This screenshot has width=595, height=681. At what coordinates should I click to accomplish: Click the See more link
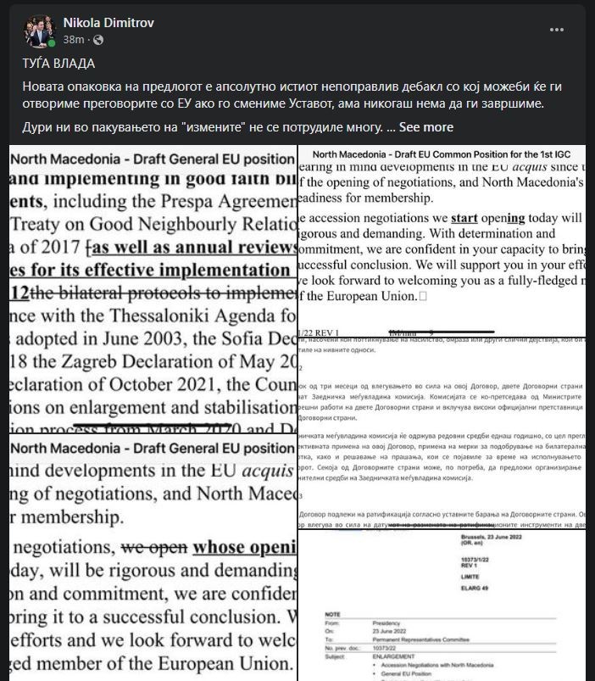coord(426,127)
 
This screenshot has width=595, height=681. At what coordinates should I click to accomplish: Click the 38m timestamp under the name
coord(74,40)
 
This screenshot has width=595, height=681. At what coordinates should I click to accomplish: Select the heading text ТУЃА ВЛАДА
coord(58,64)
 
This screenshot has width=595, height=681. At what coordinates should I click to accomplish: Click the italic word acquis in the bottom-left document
coord(258,470)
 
